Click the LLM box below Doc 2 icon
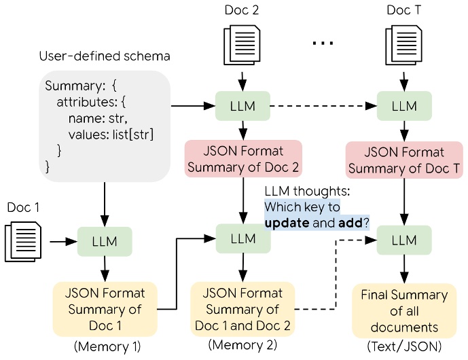coord(242,107)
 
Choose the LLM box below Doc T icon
coord(406,107)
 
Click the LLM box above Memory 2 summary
coord(242,238)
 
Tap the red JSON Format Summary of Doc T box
coord(406,160)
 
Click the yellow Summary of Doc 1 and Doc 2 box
coord(242,309)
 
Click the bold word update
coord(287,222)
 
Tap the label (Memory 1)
coord(107,347)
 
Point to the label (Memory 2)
coord(242,347)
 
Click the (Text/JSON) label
coord(405,347)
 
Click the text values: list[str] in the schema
coord(111,134)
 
